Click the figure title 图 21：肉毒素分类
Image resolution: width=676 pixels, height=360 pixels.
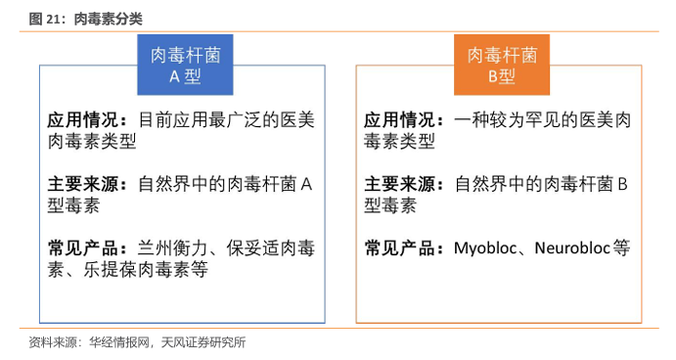pos(85,19)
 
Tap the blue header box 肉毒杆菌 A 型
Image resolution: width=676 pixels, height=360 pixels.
pos(185,65)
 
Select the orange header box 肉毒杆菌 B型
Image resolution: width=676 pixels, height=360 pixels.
pos(502,65)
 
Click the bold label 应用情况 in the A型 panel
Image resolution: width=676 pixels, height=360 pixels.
pos(83,120)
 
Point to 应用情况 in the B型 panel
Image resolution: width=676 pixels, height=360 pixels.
pos(399,120)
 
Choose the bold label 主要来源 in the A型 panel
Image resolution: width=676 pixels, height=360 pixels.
pos(83,185)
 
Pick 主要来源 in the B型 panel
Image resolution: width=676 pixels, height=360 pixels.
pos(399,185)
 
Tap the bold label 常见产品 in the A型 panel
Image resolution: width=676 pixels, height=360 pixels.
pos(83,248)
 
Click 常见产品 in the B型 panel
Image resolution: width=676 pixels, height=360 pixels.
pos(399,248)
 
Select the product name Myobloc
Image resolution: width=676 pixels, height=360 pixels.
pos(485,248)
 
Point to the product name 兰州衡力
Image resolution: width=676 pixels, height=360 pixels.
pos(172,248)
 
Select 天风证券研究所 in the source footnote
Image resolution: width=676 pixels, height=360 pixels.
pos(203,342)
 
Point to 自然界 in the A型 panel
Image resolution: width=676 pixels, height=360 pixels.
pos(164,185)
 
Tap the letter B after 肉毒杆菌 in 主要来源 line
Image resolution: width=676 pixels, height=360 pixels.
pos(622,185)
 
